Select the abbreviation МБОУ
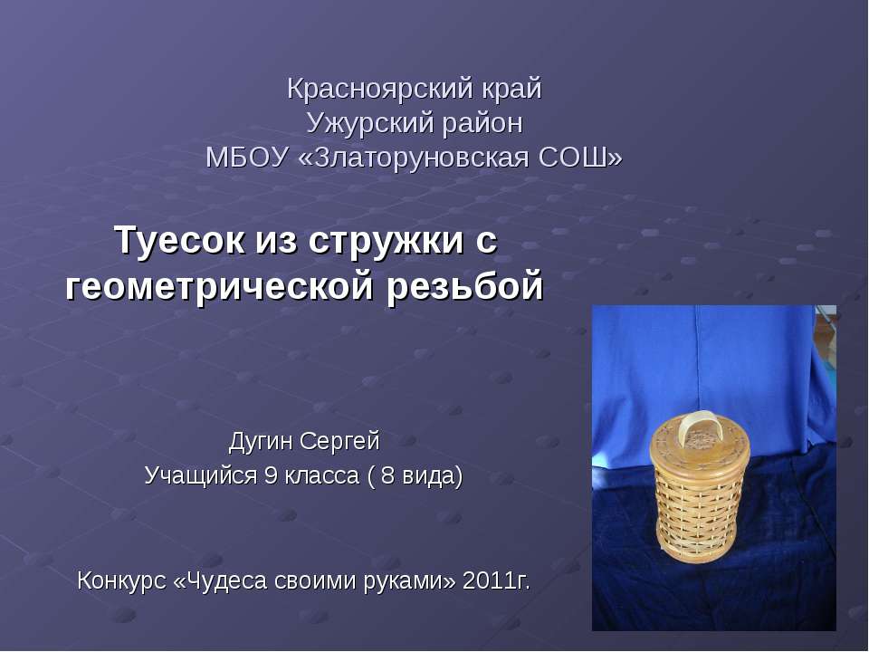[246, 158]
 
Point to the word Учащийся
[200, 475]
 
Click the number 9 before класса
[270, 475]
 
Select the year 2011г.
[496, 580]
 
